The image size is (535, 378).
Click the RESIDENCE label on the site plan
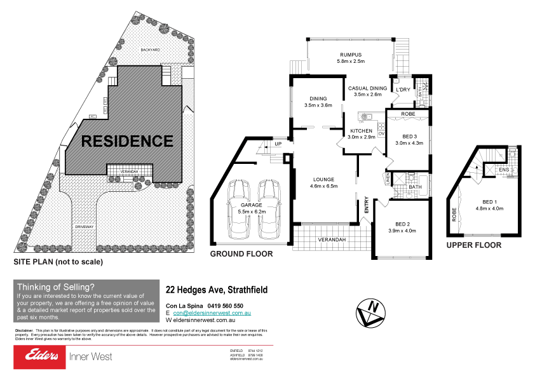click(x=126, y=141)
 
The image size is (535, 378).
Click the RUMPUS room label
click(x=351, y=55)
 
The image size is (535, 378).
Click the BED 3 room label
click(x=410, y=136)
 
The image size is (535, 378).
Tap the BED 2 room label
click(x=402, y=224)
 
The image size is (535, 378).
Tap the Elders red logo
click(x=39, y=356)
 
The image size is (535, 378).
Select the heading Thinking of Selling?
click(x=57, y=287)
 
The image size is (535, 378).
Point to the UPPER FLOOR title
click(x=473, y=245)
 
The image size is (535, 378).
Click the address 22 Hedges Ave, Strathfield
click(x=216, y=290)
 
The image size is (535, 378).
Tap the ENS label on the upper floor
click(x=504, y=170)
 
